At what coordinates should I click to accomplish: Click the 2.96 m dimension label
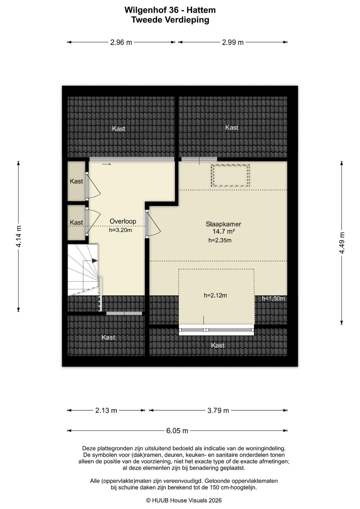tap(121, 42)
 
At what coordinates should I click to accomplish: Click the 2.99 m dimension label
tap(233, 42)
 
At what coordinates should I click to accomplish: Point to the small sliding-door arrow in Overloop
tap(107, 164)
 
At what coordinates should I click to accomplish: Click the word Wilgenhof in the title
tap(148, 10)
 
